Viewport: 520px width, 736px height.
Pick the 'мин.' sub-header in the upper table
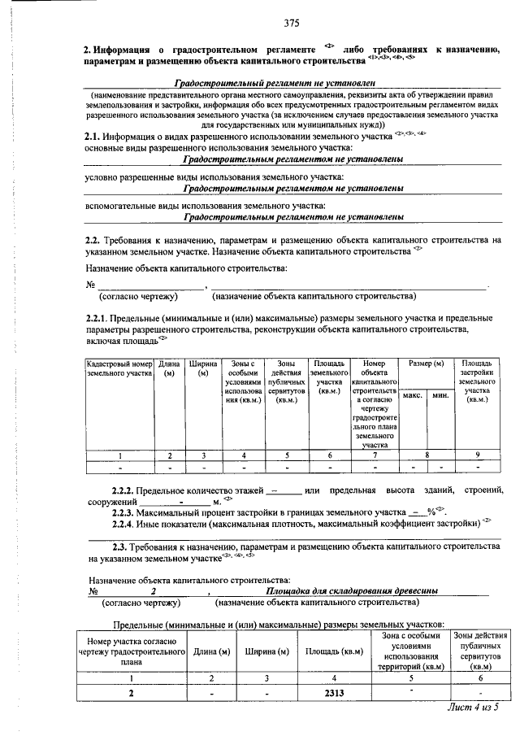tap(440, 395)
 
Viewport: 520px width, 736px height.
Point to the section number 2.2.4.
tap(123, 523)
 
